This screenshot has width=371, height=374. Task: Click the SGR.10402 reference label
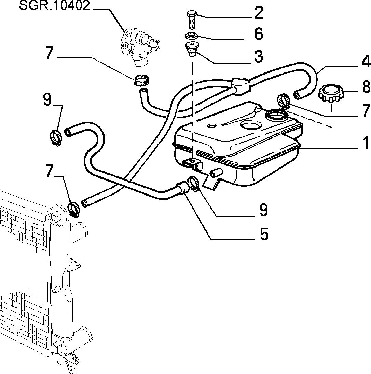point(54,6)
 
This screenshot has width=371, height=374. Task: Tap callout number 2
point(259,13)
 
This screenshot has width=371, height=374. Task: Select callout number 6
point(259,34)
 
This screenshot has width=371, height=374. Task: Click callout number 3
point(259,56)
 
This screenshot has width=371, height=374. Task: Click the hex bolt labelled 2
point(191,20)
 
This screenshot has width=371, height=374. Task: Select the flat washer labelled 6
point(191,36)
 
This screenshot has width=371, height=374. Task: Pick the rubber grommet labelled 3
point(192,49)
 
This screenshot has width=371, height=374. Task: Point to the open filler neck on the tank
point(277,115)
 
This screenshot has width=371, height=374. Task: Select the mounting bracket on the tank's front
point(193,164)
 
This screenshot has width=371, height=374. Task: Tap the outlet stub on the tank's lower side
point(216,172)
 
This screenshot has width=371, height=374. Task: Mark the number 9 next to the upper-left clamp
point(47,99)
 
